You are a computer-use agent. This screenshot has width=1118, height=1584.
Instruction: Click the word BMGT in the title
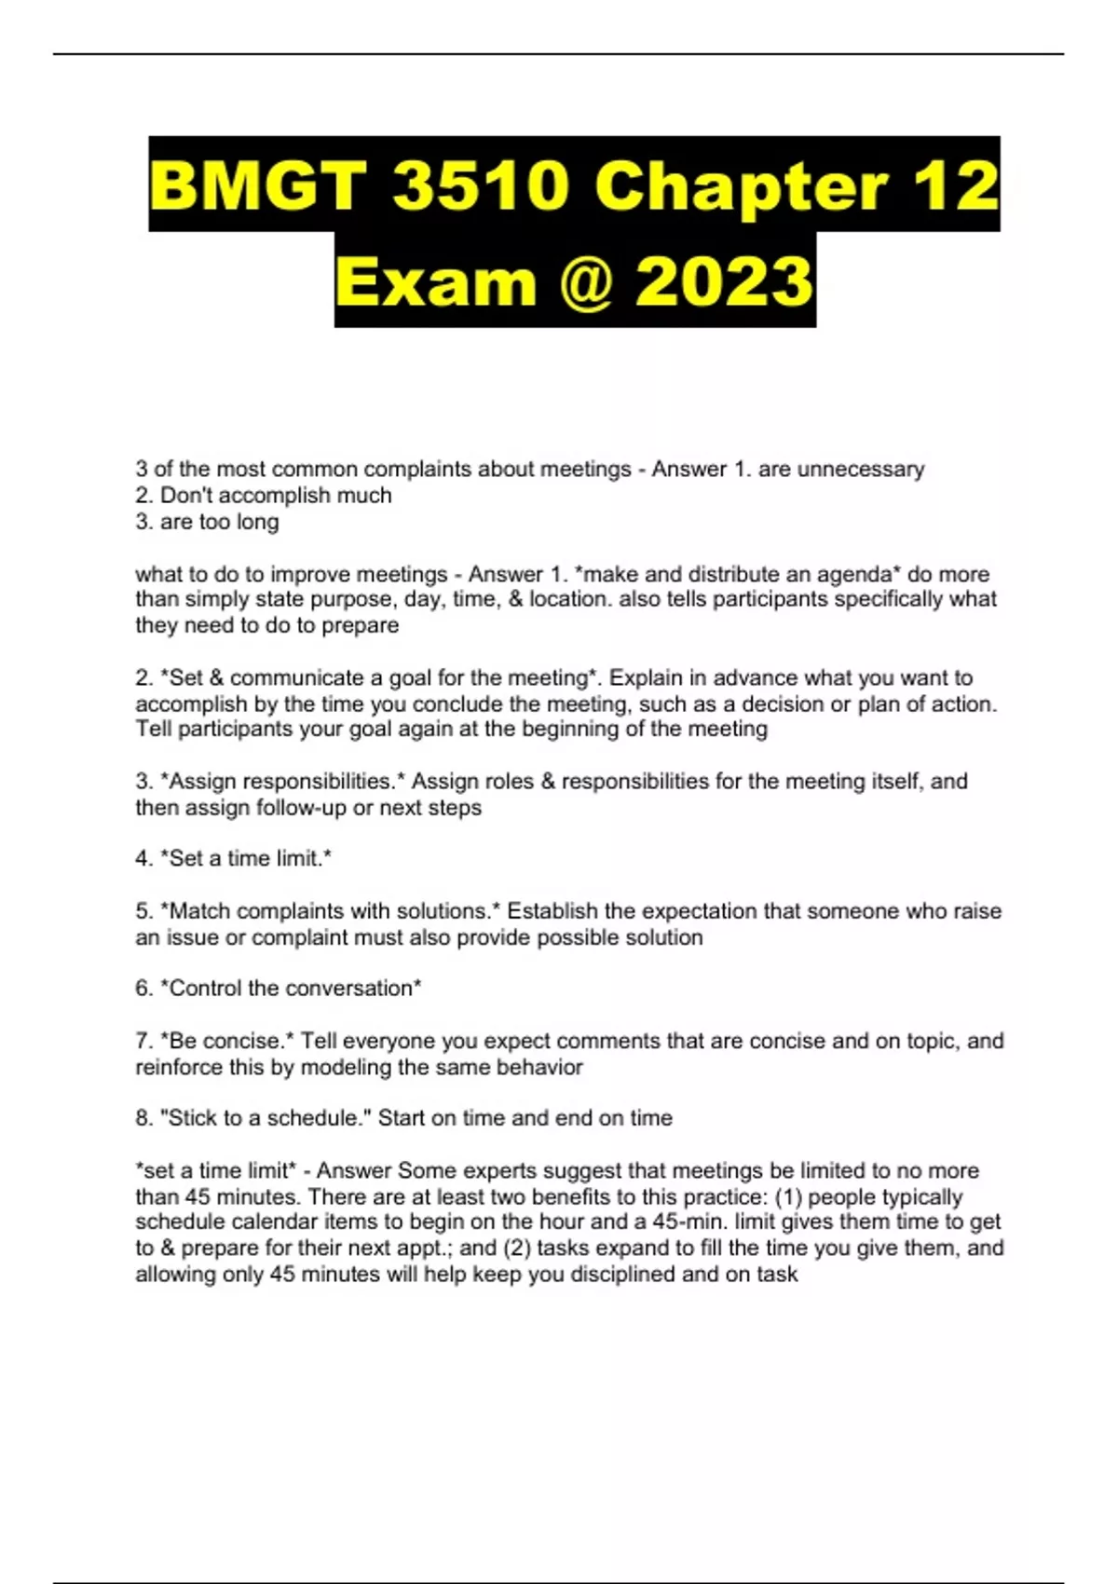tap(257, 184)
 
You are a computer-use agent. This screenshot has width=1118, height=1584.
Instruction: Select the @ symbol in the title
tap(586, 281)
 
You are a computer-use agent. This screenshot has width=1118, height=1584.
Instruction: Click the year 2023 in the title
tap(723, 281)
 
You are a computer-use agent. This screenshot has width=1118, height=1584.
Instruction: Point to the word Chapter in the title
tap(740, 184)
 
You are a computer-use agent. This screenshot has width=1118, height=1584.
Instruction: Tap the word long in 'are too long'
tap(257, 521)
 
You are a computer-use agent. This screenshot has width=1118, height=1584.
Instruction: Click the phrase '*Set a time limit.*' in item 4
tap(246, 858)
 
